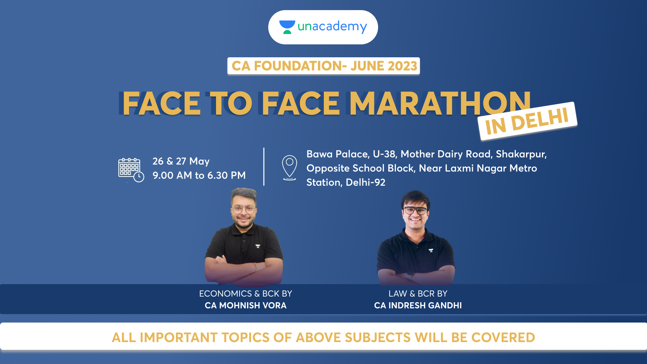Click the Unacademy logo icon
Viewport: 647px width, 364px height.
coord(287,27)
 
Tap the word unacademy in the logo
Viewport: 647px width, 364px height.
coord(332,27)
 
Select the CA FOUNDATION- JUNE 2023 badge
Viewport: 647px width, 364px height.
coord(323,66)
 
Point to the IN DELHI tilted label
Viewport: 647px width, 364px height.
coord(527,121)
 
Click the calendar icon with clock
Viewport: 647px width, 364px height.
coord(131,170)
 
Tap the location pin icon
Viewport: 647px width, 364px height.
coord(289,168)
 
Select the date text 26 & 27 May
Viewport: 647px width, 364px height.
coord(181,161)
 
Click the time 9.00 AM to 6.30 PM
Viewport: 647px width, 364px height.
coord(199,175)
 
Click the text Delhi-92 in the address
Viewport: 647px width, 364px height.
coord(366,182)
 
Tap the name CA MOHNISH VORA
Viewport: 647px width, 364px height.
coord(246,305)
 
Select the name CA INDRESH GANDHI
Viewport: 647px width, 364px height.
coord(418,305)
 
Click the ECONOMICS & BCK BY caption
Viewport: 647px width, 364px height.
coord(246,294)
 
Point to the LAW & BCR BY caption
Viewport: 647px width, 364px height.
coord(418,294)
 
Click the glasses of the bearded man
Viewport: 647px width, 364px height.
coord(243,210)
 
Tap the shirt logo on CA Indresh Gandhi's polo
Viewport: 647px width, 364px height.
coord(431,250)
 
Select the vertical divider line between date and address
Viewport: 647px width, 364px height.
coord(264,166)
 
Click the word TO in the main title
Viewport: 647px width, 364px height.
coord(231,103)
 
